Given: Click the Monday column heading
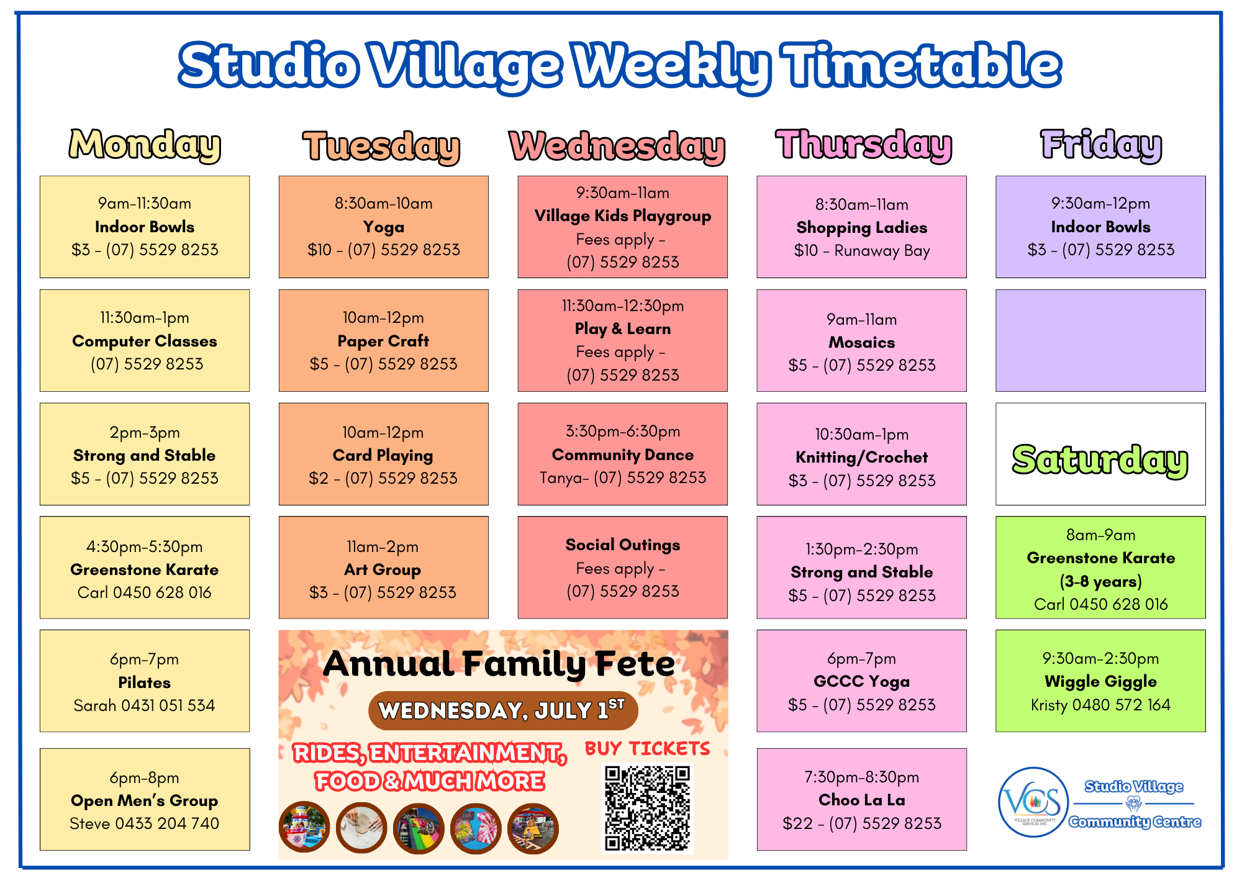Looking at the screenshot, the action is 145,145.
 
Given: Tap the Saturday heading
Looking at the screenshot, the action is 1100,460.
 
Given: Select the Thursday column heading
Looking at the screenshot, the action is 864,145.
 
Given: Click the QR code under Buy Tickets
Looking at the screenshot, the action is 647,808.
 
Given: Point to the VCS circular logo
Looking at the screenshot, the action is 1033,802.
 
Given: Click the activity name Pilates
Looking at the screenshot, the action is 145,682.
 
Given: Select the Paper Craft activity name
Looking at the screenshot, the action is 383,341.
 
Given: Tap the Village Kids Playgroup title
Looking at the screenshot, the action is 623,216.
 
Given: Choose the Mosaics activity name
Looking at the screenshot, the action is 862,342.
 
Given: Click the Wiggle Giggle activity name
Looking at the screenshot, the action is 1100,682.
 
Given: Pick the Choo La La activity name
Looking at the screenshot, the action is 862,800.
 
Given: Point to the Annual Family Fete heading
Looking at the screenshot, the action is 499,664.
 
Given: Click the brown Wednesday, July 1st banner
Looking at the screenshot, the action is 503,710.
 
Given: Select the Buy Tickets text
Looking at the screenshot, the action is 647,748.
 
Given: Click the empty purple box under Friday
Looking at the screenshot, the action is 1100,340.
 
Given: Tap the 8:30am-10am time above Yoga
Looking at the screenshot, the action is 384,203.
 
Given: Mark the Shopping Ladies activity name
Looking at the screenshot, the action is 862,228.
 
